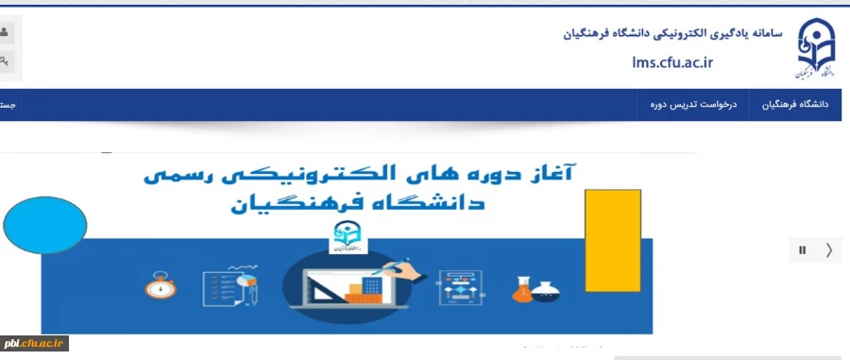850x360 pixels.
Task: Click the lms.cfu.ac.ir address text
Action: tap(672, 62)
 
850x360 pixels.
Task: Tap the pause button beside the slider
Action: tap(803, 250)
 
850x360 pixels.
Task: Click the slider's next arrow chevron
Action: tap(829, 250)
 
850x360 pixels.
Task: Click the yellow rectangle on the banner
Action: tap(613, 240)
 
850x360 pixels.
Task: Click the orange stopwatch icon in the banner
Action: tap(160, 285)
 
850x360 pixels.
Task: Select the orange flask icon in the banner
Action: tap(522, 289)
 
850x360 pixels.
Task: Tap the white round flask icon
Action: tap(546, 290)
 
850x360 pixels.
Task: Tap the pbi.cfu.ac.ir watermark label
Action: tap(36, 344)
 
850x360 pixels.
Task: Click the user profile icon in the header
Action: tap(5, 33)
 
